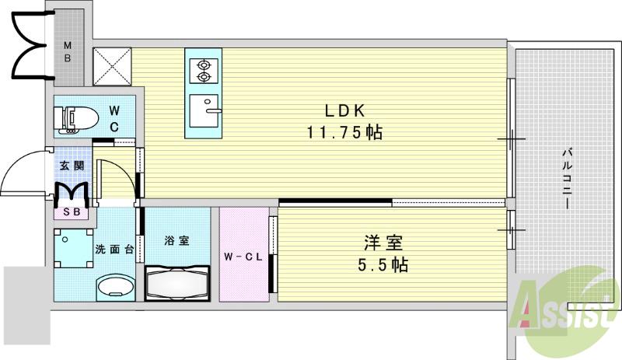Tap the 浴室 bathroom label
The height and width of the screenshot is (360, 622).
pos(176,240)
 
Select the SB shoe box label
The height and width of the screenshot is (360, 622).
pos(71,211)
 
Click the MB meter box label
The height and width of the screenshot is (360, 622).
pos(68,52)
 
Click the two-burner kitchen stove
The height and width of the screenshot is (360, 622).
pos(204,71)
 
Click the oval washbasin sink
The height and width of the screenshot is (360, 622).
pos(114,286)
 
